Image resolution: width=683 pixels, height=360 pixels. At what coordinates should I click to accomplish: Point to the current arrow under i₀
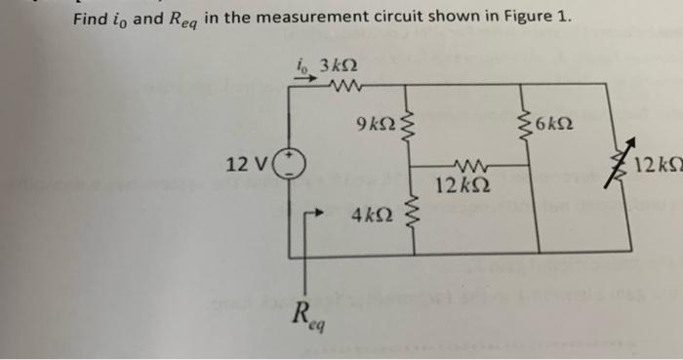(x=305, y=81)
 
